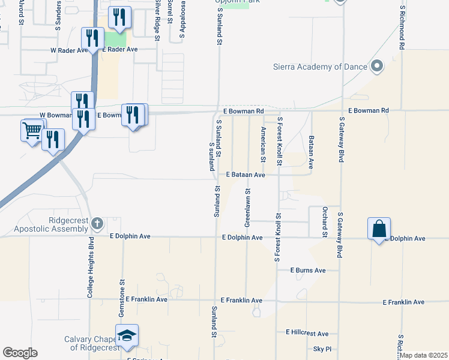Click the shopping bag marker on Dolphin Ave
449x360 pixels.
pyautogui.click(x=379, y=229)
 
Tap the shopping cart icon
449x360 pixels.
pyautogui.click(x=32, y=130)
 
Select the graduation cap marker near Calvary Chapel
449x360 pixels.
pyautogui.click(x=127, y=335)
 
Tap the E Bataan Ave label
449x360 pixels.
pyautogui.click(x=246, y=175)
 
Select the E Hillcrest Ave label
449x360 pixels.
pyautogui.click(x=307, y=333)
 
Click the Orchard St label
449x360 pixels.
pyautogui.click(x=324, y=222)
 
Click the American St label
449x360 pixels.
pyautogui.click(x=263, y=144)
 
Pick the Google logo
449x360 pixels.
pyautogui.click(x=20, y=353)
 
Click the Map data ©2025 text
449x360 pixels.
pyautogui.click(x=424, y=355)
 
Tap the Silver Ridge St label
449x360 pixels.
pyautogui.click(x=157, y=21)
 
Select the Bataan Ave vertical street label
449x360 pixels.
pyautogui.click(x=312, y=151)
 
